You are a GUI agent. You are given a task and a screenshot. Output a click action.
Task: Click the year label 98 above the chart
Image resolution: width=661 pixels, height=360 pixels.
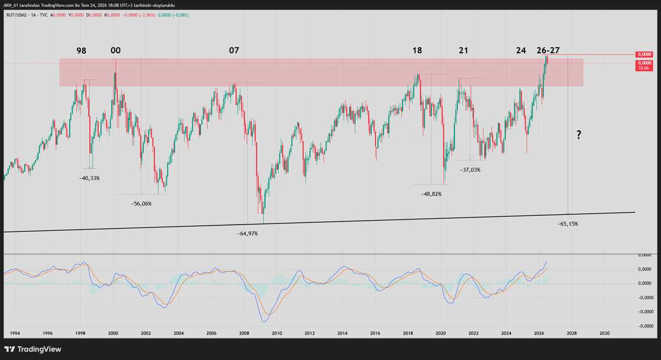pyautogui.click(x=82, y=51)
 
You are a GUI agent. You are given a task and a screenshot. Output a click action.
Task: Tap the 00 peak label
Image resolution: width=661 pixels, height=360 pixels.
pyautogui.click(x=116, y=51)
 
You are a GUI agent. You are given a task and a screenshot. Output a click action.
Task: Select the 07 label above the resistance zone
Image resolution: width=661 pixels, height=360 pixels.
pyautogui.click(x=234, y=51)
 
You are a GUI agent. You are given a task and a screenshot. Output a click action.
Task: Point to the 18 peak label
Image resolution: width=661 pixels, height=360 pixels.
pyautogui.click(x=417, y=51)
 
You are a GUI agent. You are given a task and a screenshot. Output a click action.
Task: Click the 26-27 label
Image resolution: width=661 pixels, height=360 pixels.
pyautogui.click(x=548, y=51)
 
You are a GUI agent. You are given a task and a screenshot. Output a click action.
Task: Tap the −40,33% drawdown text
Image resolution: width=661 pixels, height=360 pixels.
pyautogui.click(x=89, y=178)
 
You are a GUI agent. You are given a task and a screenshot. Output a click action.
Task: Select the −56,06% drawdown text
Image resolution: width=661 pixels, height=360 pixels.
pyautogui.click(x=142, y=204)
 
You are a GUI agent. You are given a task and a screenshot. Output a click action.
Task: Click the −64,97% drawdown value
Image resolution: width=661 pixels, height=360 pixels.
pyautogui.click(x=247, y=234)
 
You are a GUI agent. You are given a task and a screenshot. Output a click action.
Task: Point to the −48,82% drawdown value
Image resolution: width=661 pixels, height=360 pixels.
pyautogui.click(x=431, y=194)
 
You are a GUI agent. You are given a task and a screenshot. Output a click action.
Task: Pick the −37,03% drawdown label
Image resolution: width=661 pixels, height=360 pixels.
pyautogui.click(x=470, y=170)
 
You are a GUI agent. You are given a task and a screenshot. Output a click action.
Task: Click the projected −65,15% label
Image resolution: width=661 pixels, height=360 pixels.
pyautogui.click(x=568, y=224)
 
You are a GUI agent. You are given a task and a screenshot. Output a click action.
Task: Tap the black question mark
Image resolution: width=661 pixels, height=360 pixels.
pyautogui.click(x=579, y=135)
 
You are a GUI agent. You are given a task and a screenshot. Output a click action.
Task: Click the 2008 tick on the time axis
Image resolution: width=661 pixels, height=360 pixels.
pyautogui.click(x=244, y=333)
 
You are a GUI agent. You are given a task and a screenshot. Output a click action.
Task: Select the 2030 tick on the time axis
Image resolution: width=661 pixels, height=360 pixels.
pyautogui.click(x=604, y=333)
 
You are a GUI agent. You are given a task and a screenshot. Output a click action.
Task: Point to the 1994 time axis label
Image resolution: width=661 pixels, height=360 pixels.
pyautogui.click(x=15, y=333)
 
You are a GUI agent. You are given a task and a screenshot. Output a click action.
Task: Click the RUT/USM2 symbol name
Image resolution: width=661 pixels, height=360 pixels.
pyautogui.click(x=16, y=15)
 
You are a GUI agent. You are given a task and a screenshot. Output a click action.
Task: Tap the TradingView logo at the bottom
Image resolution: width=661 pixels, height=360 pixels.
pyautogui.click(x=32, y=350)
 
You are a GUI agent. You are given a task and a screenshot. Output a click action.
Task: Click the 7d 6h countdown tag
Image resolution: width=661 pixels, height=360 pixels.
pyautogui.click(x=643, y=68)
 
